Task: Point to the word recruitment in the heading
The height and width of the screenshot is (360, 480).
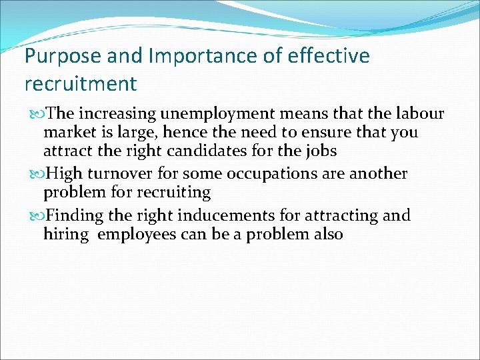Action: tap(80, 85)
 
